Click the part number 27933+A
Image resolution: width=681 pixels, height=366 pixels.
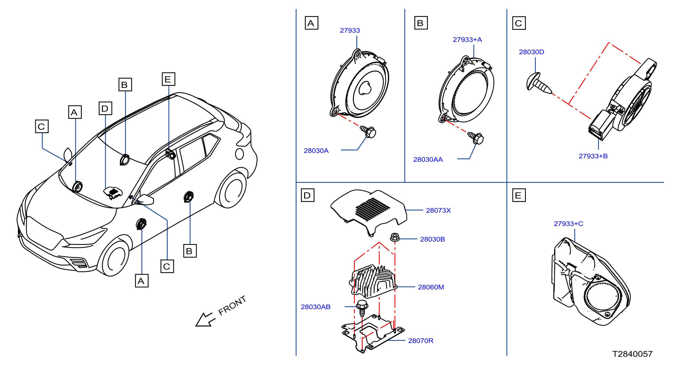coord(467,40)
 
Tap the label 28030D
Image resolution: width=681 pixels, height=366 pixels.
coord(531,52)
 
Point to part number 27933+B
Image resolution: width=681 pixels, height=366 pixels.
coord(593,156)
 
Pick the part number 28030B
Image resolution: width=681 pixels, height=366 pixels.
coord(432,239)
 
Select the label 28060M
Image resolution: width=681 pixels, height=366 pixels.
coord(431,287)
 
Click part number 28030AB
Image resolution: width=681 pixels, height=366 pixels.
coord(315,307)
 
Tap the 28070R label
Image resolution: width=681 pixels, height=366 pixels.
coord(420,341)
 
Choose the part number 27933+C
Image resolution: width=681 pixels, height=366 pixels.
coord(568,224)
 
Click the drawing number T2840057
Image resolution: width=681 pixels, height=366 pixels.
coord(632,354)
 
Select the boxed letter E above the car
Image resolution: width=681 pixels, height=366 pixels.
coord(168,79)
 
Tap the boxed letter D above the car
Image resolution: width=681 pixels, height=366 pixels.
coord(105,108)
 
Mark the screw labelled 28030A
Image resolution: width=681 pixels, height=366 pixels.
coord(368,132)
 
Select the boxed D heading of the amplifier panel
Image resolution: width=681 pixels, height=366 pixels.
coord(307,195)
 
